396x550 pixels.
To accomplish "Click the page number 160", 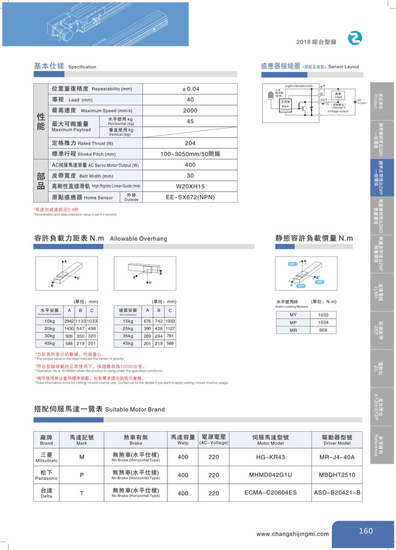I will pyautogui.click(x=365, y=530).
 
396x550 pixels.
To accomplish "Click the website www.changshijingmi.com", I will pyautogui.click(x=292, y=534).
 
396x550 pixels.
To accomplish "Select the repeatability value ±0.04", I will pyautogui.click(x=190, y=89).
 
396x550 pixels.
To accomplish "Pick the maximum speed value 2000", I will pyautogui.click(x=190, y=110).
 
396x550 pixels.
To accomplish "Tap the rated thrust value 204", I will pyautogui.click(x=190, y=143).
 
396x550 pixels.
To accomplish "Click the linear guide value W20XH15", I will pyautogui.click(x=190, y=186).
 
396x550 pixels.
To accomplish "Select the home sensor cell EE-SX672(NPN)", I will pyautogui.click(x=190, y=196).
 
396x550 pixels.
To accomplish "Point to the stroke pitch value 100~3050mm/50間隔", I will pyautogui.click(x=190, y=154).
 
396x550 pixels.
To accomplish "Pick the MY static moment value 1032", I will pyautogui.click(x=323, y=315).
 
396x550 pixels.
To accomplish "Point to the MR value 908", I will pyautogui.click(x=323, y=330).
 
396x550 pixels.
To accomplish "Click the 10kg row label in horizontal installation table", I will pyautogui.click(x=49, y=321).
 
